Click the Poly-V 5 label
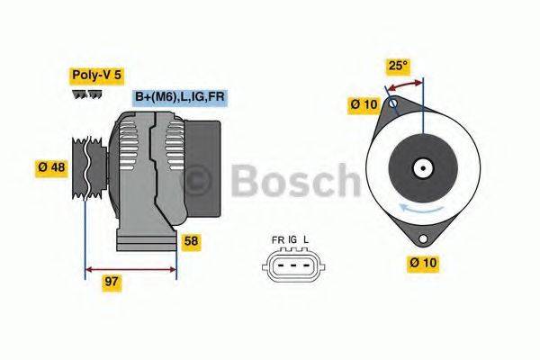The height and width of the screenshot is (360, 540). coord(95,77)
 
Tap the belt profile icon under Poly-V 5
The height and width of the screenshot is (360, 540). coord(86,94)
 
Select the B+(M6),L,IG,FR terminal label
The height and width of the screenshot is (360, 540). coord(179,97)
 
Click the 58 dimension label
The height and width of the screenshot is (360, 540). coord(192,241)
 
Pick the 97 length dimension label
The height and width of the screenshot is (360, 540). coord(112,282)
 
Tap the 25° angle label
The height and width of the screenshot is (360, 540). coord(399,66)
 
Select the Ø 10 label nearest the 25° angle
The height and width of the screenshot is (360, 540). coord(364,105)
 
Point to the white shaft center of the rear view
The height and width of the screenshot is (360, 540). coord(420,167)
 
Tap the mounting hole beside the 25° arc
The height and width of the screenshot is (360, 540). coord(392,103)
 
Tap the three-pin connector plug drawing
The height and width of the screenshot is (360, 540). coord(291,265)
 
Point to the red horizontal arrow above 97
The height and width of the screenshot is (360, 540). coord(130,268)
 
